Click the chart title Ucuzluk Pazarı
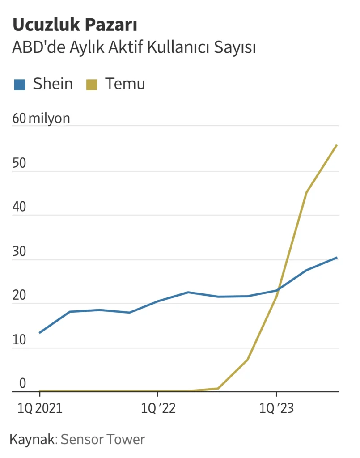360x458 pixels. [75, 25]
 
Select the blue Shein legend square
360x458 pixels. [19, 84]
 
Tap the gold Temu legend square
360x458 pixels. [92, 84]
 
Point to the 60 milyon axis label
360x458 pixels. [41, 119]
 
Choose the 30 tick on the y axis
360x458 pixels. [19, 251]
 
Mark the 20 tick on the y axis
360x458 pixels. [19, 295]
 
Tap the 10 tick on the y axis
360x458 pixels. [19, 339]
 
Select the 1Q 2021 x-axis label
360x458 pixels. [39, 409]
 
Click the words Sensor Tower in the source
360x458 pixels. [103, 439]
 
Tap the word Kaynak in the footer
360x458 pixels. [33, 439]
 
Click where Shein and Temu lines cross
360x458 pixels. [279, 289]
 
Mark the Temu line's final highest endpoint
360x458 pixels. [337, 145]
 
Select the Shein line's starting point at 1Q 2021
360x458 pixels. [40, 333]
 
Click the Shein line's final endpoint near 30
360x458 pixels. [337, 258]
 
